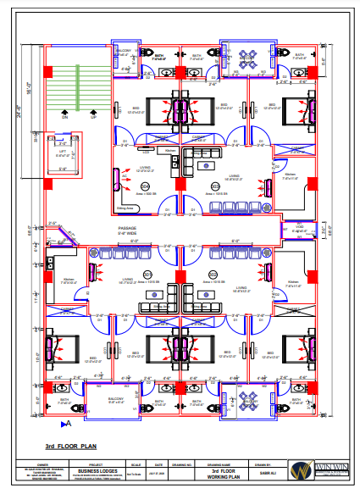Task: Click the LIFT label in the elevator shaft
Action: coord(63,150)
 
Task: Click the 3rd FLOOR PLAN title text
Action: coord(71,445)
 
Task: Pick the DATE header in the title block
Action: coord(158,464)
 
